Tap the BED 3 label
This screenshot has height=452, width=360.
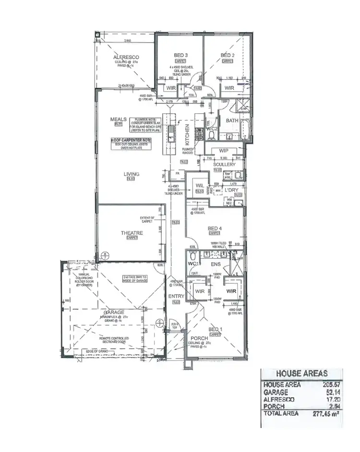coord(180,56)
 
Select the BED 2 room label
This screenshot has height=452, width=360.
coord(228,56)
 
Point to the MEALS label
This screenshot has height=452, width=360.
coord(118,119)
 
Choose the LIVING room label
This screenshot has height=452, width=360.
coord(131,174)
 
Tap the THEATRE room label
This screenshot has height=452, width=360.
coord(132,233)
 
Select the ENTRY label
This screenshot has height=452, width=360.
coord(176,297)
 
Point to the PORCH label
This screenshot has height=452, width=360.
coord(199,338)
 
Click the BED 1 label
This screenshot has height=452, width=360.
coord(216,330)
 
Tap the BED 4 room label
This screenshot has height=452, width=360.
coord(214,229)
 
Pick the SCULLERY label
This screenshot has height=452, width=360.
coord(225,164)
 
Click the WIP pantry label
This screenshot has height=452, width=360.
coord(223,151)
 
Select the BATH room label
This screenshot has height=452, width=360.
coord(232,121)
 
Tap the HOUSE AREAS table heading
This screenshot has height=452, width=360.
coord(302,373)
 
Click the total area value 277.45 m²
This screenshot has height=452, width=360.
coord(329,413)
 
